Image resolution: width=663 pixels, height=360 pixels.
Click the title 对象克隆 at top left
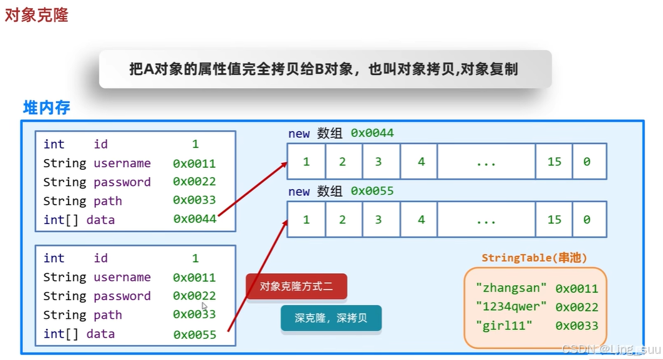(36, 15)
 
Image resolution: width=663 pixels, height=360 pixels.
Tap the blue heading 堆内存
(46, 107)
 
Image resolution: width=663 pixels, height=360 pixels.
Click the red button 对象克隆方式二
(296, 287)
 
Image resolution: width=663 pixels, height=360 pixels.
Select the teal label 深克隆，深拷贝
(331, 318)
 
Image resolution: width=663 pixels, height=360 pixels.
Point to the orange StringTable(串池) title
(534, 258)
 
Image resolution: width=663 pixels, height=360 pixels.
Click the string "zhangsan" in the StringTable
(511, 288)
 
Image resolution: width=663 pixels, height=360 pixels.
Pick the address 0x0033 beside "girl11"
(576, 326)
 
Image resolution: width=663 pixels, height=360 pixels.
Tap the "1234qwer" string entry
(511, 307)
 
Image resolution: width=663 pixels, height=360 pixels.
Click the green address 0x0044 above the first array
(372, 133)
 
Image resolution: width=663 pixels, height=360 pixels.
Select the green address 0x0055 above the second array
(372, 191)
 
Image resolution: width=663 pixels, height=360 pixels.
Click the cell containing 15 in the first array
(554, 162)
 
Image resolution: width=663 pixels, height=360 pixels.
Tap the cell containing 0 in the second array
(586, 220)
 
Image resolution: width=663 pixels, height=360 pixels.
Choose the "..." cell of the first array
(485, 162)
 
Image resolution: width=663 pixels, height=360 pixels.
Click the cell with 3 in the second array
(378, 220)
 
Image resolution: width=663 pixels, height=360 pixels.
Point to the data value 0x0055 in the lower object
(195, 334)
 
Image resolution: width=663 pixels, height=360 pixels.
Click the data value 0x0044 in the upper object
(195, 220)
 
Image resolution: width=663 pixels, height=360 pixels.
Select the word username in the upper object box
(122, 163)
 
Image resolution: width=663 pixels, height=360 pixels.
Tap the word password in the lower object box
(122, 296)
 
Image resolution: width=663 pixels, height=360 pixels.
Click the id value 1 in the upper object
(195, 144)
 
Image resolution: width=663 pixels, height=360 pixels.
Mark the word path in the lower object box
(108, 315)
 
